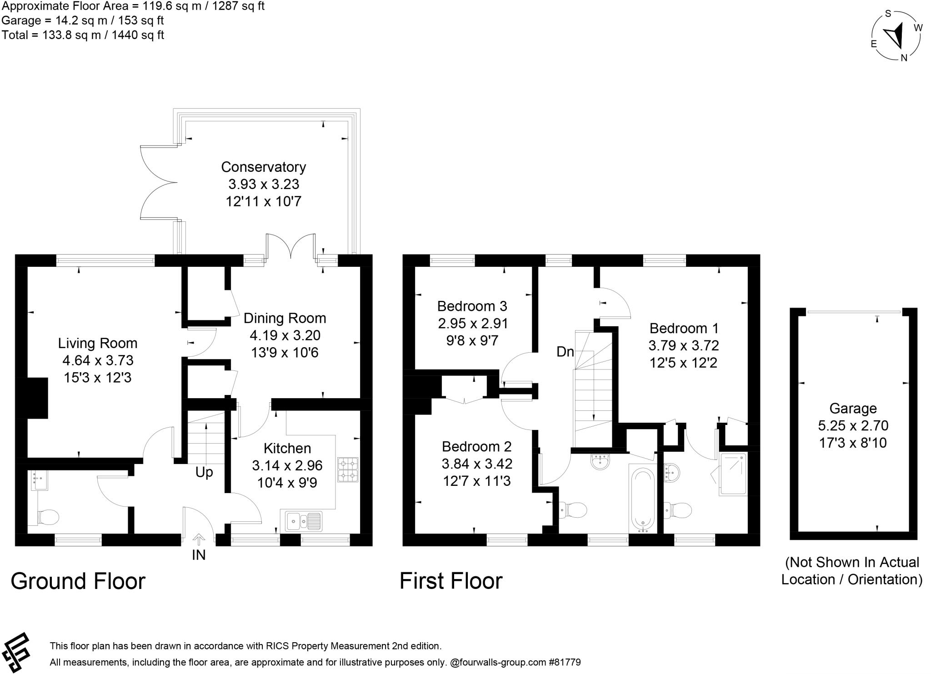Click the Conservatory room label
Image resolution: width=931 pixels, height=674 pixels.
click(x=263, y=167)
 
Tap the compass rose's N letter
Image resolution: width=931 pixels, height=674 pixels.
click(x=904, y=58)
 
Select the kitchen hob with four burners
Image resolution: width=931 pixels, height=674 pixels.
click(x=348, y=469)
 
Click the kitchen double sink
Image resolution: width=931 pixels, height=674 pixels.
click(x=304, y=521)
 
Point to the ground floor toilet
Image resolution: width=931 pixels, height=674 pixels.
click(x=48, y=517)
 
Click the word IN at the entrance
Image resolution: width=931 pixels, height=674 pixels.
click(x=199, y=555)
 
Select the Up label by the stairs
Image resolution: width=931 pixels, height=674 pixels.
click(x=204, y=472)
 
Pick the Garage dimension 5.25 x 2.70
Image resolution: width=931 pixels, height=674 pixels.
click(x=853, y=425)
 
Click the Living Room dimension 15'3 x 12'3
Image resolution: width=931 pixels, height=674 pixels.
click(x=97, y=377)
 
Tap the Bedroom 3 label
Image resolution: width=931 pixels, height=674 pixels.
click(x=472, y=306)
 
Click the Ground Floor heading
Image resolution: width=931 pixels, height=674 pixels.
click(x=78, y=581)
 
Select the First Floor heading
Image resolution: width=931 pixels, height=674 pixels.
click(x=450, y=581)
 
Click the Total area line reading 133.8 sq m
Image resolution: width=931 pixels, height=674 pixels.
click(x=83, y=35)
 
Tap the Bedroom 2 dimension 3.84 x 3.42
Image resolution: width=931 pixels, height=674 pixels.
click(x=476, y=464)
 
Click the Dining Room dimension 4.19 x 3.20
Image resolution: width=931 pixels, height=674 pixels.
click(x=285, y=335)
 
